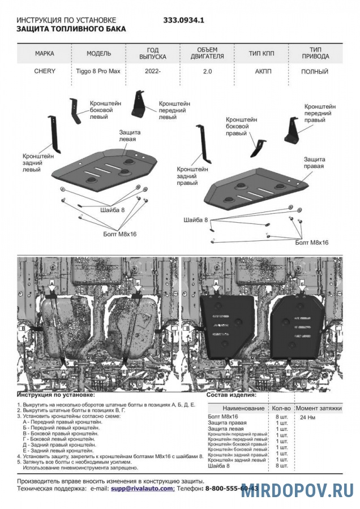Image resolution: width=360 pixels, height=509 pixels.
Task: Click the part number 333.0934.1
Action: [183, 20]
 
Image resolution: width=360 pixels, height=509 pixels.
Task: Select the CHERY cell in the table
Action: [45, 72]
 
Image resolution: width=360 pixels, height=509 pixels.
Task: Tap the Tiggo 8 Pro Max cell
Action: [98, 72]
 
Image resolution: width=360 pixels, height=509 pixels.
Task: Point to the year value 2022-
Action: [152, 72]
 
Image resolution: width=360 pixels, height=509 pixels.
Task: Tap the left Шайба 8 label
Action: [112, 210]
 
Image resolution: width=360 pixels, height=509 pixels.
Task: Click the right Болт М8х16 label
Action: [311, 241]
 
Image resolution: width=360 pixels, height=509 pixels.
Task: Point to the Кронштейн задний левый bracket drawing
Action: [52, 133]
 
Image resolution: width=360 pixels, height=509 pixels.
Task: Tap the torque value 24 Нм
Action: [307, 417]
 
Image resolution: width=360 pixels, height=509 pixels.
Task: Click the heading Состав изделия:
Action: [231, 395]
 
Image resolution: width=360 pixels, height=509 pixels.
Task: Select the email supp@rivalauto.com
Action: [142, 488]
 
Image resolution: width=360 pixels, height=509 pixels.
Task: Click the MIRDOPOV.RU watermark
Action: [298, 490]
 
